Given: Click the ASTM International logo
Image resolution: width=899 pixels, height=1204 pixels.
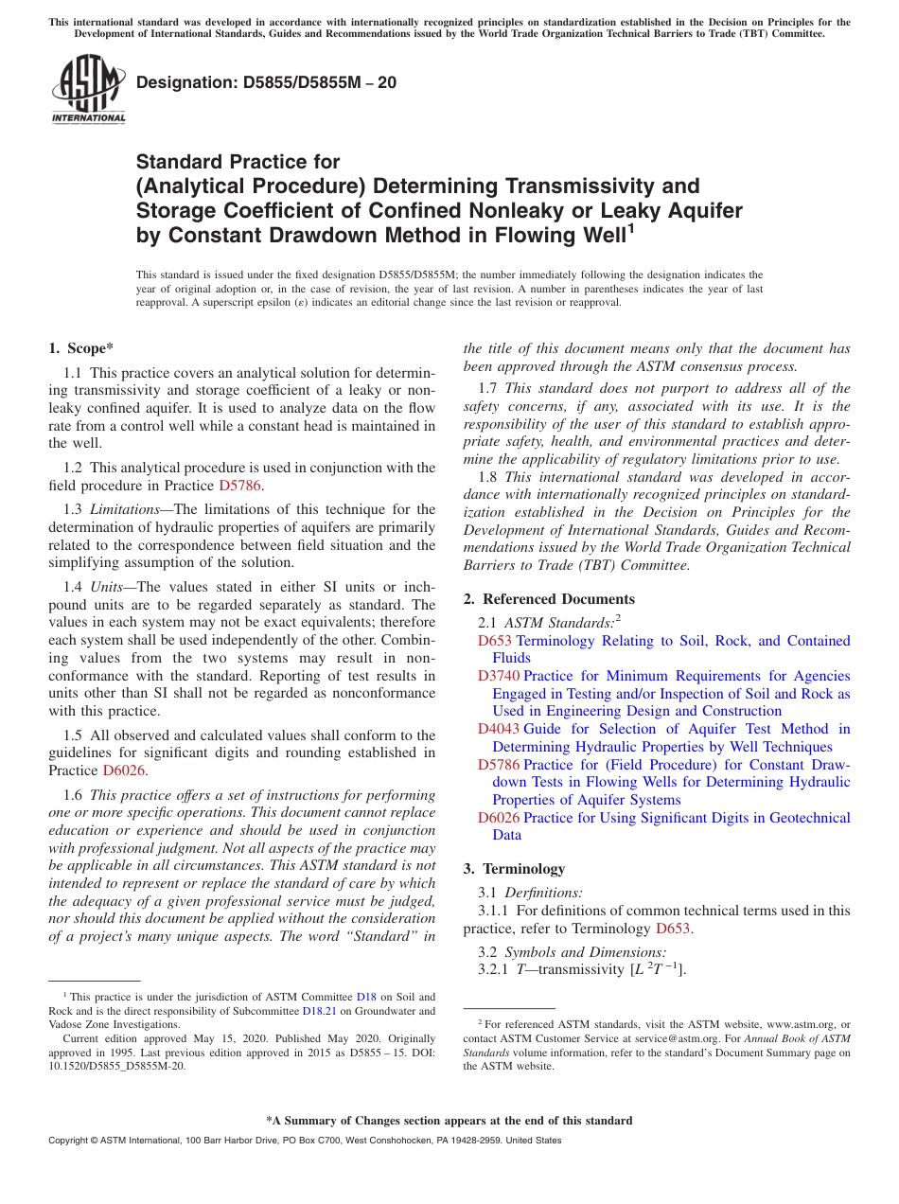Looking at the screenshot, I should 88,90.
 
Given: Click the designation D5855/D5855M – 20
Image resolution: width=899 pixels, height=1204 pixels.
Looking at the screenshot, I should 266,83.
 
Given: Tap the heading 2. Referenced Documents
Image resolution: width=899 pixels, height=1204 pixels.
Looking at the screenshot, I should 549,599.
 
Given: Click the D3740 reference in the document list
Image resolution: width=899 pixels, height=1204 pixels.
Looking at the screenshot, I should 499,676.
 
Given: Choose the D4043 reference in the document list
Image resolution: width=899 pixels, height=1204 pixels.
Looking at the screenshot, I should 499,729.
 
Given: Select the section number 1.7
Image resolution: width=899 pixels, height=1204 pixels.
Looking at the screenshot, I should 488,388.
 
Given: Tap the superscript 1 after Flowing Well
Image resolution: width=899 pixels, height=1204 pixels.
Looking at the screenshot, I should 630,228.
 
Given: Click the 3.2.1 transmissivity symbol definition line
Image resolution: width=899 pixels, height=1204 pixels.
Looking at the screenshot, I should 582,970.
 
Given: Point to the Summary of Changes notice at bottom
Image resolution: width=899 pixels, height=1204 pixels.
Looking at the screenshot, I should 449,1121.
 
